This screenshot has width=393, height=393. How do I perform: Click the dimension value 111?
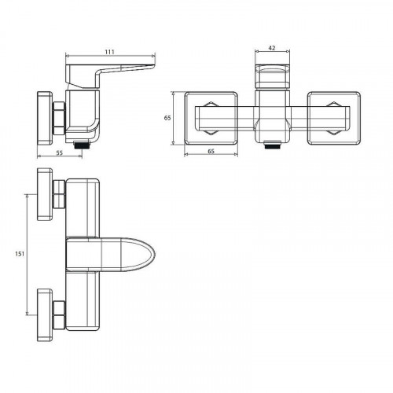109,52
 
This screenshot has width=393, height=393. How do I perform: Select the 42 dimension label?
272,48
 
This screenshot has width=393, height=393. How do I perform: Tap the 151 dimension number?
20,254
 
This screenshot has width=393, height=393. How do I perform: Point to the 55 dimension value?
60,152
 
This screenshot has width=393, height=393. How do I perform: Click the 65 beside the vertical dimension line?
167,118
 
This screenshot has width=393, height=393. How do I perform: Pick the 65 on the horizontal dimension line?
211,151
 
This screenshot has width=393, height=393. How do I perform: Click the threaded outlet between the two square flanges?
273,145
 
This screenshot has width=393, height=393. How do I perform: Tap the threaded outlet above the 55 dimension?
83,145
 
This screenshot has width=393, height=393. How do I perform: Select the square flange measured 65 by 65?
211,118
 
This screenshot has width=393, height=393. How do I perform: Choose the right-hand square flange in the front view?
334,118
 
